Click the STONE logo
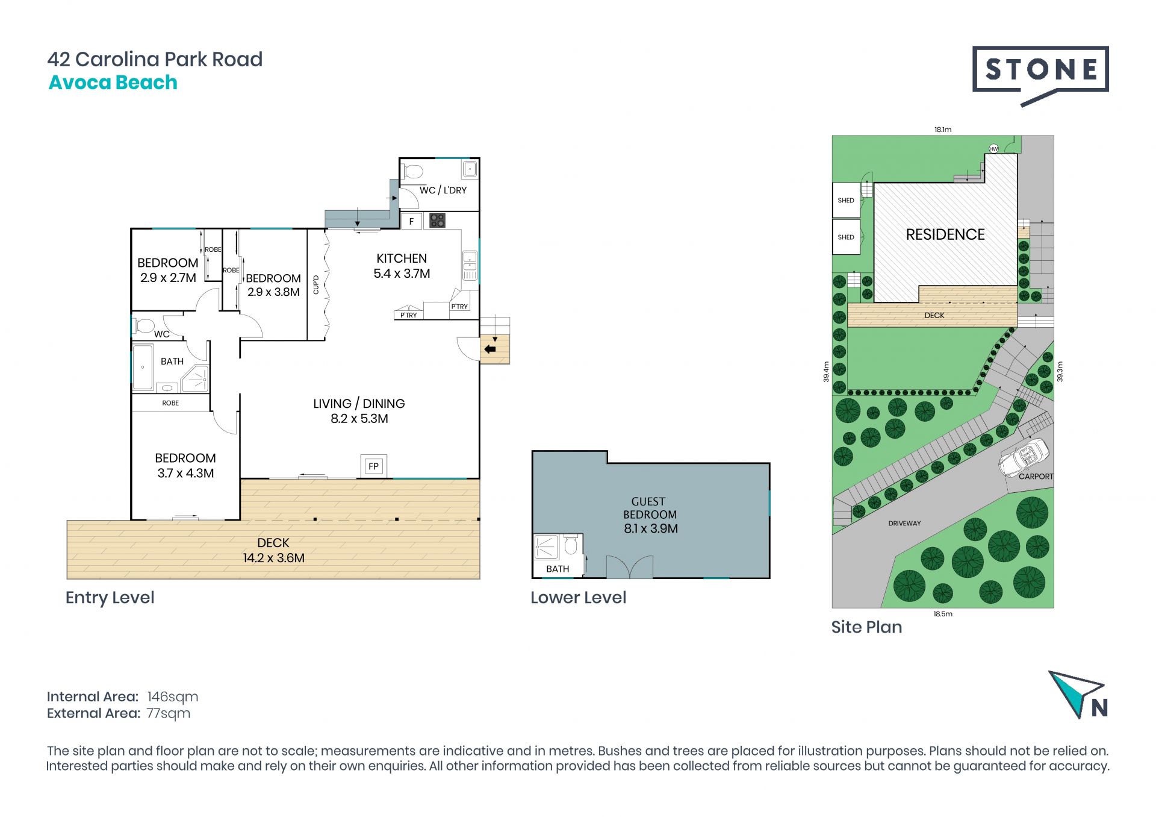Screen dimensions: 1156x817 pos(1040,75)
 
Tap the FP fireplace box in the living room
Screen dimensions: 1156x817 pos(374,466)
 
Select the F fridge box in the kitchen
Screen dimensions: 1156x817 pos(411,221)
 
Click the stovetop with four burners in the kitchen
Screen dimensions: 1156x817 pos(437,221)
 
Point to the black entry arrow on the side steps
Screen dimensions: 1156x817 pos(490,349)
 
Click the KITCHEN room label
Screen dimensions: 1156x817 pos(402,258)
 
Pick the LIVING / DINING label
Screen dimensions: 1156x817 pos(359,404)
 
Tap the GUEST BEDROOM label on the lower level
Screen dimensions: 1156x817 pos(650,508)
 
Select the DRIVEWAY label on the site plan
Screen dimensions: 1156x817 pos(904,524)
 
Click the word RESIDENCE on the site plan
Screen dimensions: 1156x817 pos(945,234)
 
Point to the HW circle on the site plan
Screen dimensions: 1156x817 pos(993,148)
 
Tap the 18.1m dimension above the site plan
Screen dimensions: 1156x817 pos(943,130)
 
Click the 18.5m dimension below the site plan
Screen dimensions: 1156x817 pos(943,614)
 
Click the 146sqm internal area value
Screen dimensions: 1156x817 pos(173,697)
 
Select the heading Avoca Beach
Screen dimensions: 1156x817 pos(113,83)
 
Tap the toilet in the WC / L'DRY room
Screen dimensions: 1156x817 pos(412,172)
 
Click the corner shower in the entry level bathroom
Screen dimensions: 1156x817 pos(195,379)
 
